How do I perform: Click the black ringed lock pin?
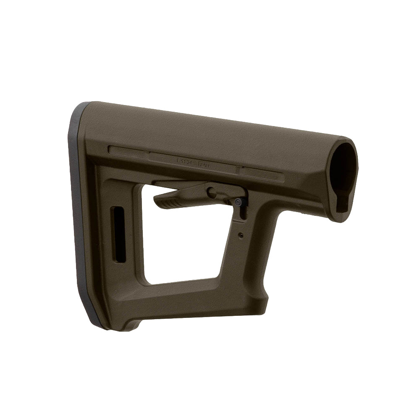[238, 202]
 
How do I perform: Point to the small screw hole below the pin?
[241, 235]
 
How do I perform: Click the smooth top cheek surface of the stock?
[210, 130]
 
